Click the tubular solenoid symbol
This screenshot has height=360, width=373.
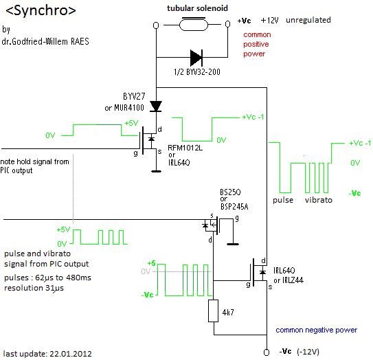[x=194, y=24]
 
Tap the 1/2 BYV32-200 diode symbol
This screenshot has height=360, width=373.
[x=196, y=57]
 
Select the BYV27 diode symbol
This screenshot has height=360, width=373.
[x=156, y=106]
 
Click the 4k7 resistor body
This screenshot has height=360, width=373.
[x=214, y=311]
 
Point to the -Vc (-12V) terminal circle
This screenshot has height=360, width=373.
[x=267, y=352]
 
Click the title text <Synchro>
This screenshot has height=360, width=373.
[x=41, y=11]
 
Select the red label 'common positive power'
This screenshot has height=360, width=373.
[x=257, y=44]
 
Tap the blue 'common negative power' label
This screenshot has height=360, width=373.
[x=317, y=330]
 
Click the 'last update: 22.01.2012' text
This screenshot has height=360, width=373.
[x=47, y=354]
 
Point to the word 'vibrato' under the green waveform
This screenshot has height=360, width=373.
[x=319, y=200]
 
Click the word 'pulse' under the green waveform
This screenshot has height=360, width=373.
[x=283, y=200]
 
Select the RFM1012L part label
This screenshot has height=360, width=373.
[x=185, y=148]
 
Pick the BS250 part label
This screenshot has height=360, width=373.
[x=230, y=192]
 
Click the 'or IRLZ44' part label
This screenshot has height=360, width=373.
[x=289, y=280]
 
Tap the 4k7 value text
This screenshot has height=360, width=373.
[x=228, y=312]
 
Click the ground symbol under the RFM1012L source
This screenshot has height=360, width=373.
[x=157, y=171]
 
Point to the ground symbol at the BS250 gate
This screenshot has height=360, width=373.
[x=233, y=244]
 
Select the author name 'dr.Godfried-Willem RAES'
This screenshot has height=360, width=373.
[x=45, y=41]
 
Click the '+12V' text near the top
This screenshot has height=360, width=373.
[x=269, y=21]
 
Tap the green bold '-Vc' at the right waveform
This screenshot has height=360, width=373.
[x=354, y=193]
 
